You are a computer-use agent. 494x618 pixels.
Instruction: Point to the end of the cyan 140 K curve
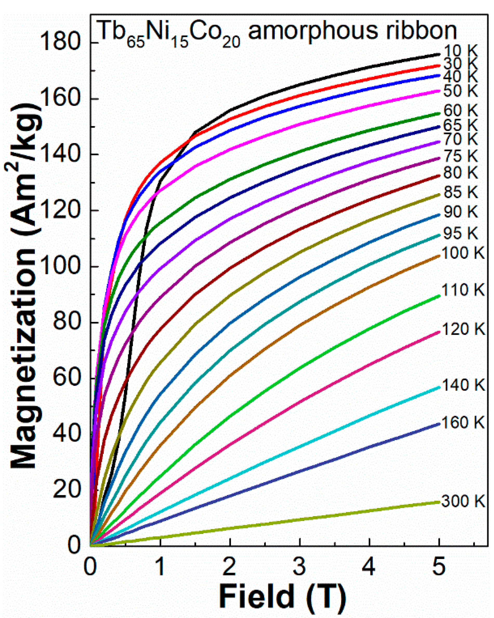coord(439,387)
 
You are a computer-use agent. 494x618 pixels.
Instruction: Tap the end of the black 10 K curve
coord(439,54)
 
